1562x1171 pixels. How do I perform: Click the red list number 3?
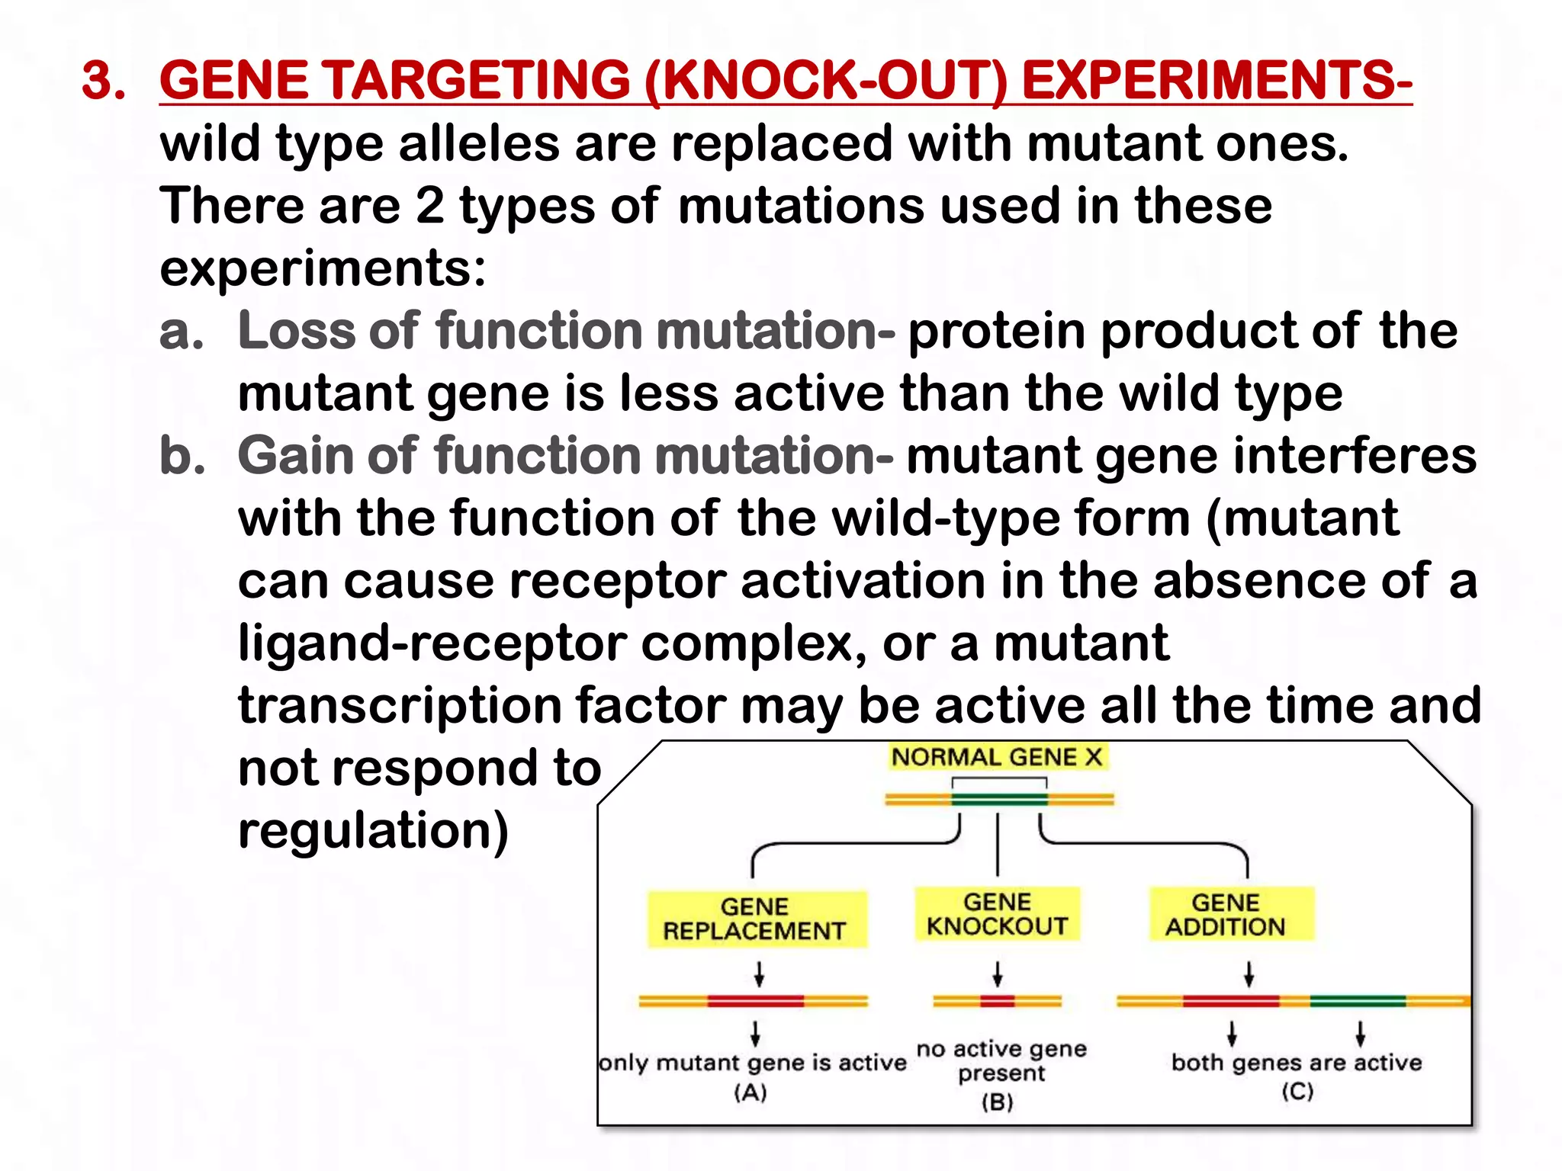pos(103,80)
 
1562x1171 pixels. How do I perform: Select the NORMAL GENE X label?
pos(997,757)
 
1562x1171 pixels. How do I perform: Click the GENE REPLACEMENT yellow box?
pos(756,919)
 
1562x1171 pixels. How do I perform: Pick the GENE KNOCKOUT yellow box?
pos(997,914)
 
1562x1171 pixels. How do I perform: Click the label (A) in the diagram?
pos(750,1092)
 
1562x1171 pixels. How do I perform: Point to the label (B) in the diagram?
pos(997,1102)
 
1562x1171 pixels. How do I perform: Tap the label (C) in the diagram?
pos(1297,1091)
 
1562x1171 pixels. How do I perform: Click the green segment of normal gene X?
pos(999,799)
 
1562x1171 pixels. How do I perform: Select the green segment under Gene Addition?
pos(1358,1001)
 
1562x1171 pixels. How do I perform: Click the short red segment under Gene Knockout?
pos(997,1001)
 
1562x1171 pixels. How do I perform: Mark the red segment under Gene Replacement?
pos(755,1001)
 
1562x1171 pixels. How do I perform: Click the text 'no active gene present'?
pos(1001,1060)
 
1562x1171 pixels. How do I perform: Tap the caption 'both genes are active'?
pos(1297,1062)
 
